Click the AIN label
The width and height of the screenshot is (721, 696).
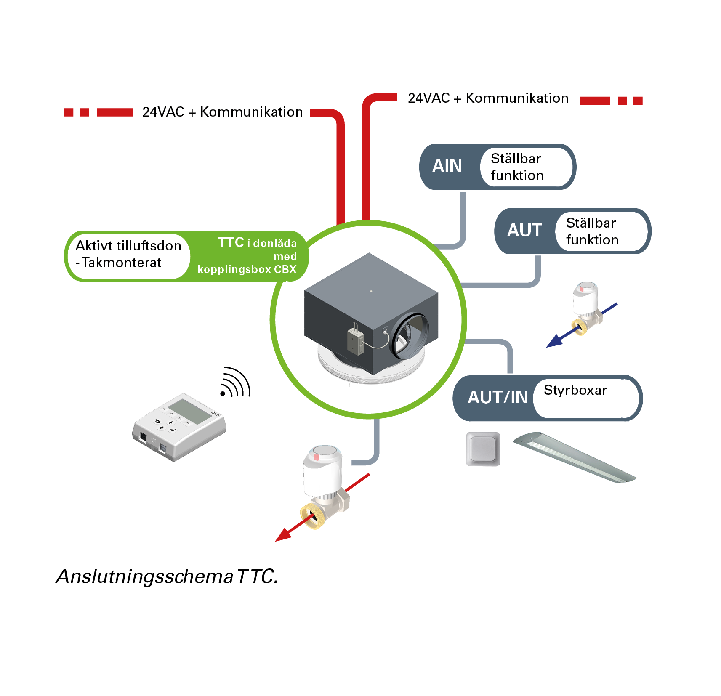(x=447, y=166)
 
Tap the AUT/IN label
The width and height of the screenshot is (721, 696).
(x=498, y=397)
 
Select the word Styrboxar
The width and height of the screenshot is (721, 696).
(x=575, y=390)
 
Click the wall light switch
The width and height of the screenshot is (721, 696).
(x=483, y=449)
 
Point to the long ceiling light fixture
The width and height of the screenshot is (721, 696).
(x=575, y=457)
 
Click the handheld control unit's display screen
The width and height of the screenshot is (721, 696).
(x=189, y=410)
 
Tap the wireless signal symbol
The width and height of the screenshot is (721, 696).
(x=235, y=383)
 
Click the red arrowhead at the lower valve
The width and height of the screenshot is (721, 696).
(x=283, y=535)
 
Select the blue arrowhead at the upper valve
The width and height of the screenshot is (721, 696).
(x=554, y=341)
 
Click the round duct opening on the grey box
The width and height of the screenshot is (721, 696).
(x=411, y=336)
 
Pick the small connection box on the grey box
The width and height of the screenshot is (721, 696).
(x=355, y=340)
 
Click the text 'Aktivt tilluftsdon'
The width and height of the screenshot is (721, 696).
(x=128, y=246)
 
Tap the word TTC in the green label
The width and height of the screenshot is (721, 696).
(x=231, y=242)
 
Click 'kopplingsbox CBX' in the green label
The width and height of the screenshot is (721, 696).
(x=247, y=269)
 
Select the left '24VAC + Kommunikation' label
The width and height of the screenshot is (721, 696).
(x=222, y=112)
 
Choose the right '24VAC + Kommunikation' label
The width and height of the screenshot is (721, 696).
(x=488, y=98)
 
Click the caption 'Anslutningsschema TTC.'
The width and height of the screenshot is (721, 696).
(x=167, y=576)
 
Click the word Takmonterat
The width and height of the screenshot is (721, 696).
(x=122, y=263)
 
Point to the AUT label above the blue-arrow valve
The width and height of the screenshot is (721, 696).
(x=524, y=230)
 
